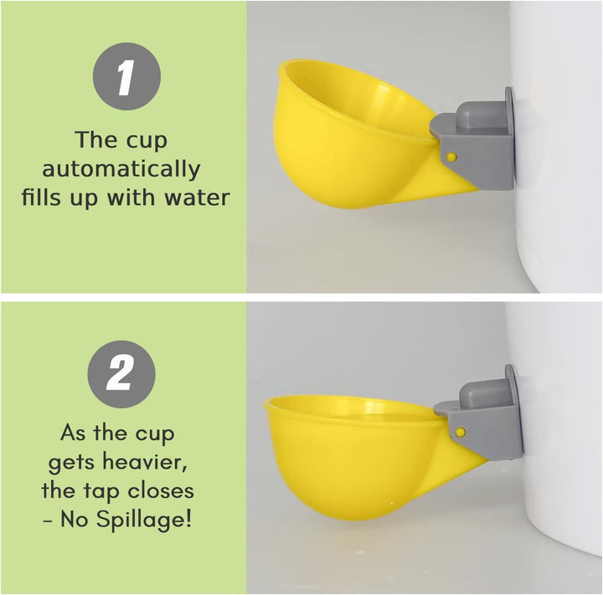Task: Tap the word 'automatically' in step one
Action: (x=121, y=170)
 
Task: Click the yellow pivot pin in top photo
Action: (x=451, y=156)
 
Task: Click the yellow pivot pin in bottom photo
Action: (x=460, y=432)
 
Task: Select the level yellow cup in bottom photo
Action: (x=352, y=456)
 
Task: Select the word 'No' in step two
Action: (x=80, y=519)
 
